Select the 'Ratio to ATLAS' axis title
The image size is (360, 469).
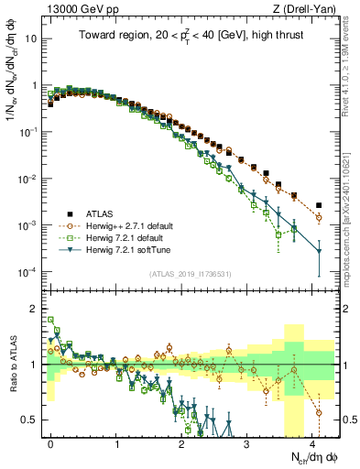16,365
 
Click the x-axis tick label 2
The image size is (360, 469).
181,442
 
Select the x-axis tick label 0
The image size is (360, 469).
50,442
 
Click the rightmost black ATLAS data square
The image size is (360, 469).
319,205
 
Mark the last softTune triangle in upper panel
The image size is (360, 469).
319,251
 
